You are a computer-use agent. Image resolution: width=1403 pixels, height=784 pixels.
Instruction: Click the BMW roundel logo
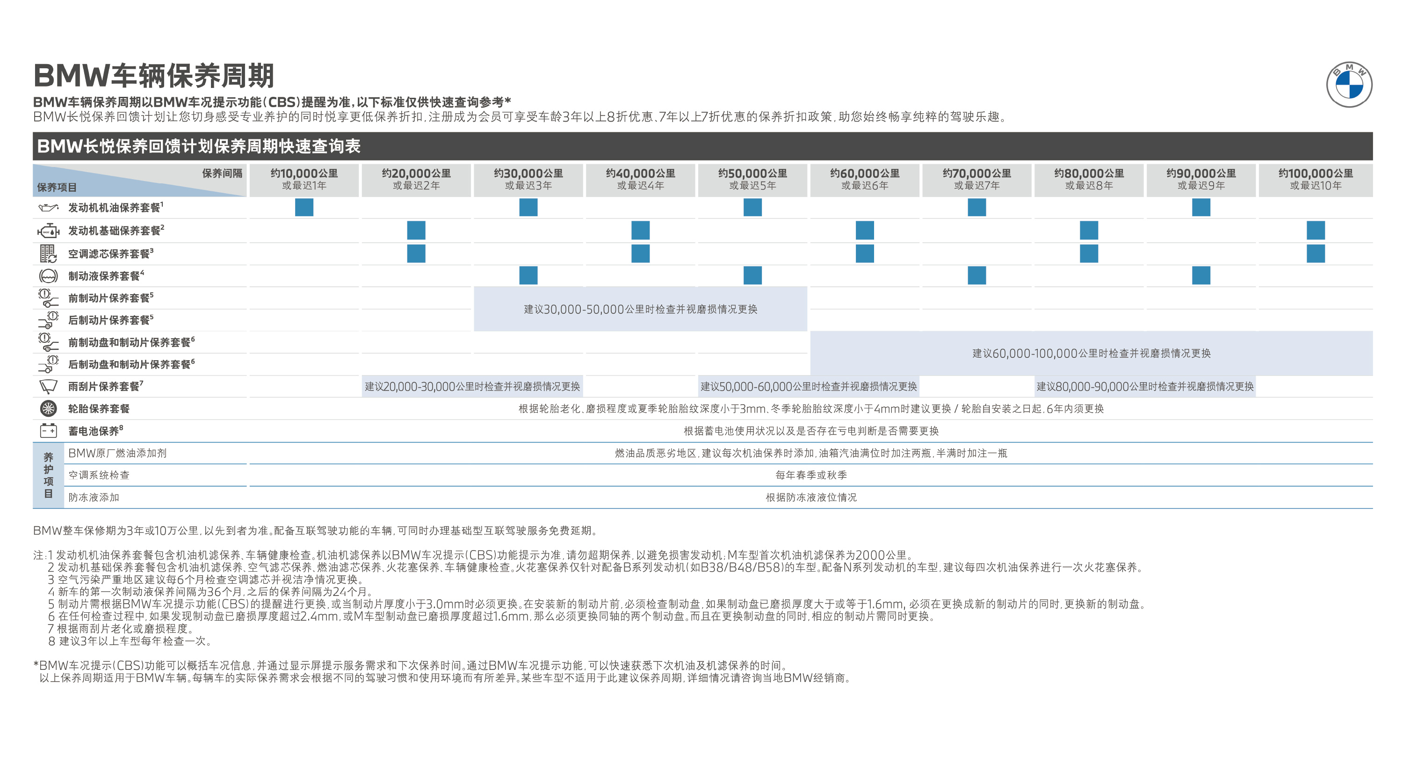1349,85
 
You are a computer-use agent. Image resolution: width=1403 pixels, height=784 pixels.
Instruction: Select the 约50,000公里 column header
752,179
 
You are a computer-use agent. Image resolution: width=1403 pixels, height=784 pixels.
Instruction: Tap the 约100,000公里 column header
1315,179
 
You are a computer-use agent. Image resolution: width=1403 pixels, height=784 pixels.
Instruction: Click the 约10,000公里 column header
304,179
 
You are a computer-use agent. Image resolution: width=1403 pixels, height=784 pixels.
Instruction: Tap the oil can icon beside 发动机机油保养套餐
48,208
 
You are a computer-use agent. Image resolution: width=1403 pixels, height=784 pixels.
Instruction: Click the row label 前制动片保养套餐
109,298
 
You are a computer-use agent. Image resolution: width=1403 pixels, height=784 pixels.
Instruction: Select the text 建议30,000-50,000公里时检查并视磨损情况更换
641,309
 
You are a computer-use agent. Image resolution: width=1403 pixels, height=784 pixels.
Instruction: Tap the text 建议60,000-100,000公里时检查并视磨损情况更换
1092,353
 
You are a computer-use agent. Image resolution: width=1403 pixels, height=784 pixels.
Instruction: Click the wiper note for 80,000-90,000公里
1145,386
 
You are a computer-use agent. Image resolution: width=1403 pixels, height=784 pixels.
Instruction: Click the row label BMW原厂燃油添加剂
117,453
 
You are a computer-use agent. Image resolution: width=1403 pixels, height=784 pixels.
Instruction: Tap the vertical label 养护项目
49,475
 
